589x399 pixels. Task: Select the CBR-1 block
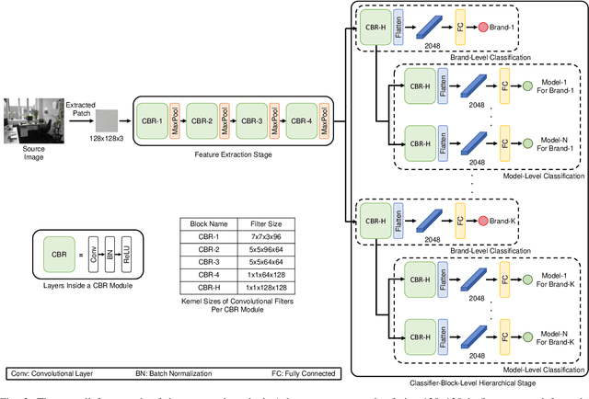(154, 120)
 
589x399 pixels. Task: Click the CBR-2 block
(202, 120)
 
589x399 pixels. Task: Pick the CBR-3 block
(251, 120)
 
